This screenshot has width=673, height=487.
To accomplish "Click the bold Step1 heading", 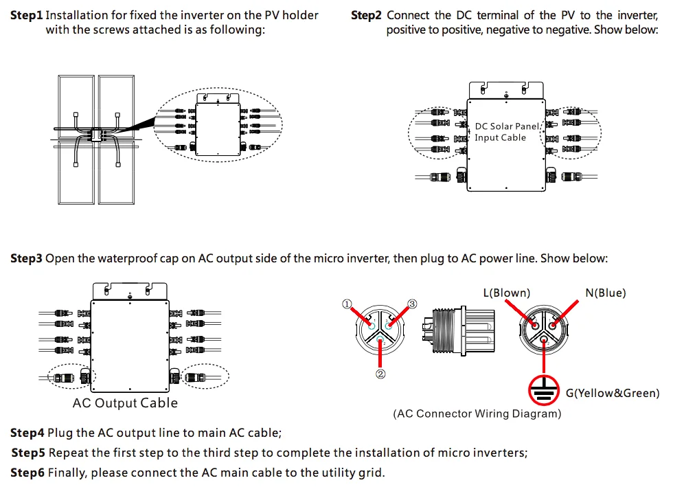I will tap(27, 15).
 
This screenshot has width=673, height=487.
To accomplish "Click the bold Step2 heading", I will tap(366, 15).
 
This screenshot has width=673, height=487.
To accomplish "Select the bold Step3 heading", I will tap(27, 259).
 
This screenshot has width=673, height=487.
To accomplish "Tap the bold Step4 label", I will tap(27, 433).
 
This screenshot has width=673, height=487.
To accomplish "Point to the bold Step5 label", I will tap(28, 453).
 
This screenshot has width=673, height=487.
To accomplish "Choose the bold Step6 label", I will tap(27, 473).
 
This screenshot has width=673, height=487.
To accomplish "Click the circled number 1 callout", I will tap(347, 304).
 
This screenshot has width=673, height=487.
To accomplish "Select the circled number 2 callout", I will tap(380, 374).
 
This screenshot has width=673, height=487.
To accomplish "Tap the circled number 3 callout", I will tap(412, 304).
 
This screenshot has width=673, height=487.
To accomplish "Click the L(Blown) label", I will tap(507, 293).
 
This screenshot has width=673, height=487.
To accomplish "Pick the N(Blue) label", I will tap(606, 293).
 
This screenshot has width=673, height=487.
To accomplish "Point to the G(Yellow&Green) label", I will tap(612, 394).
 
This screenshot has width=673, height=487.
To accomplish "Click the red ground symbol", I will tap(545, 389).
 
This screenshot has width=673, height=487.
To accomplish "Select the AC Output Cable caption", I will tap(125, 403).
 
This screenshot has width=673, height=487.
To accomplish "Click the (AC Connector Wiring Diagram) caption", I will tap(477, 414).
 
